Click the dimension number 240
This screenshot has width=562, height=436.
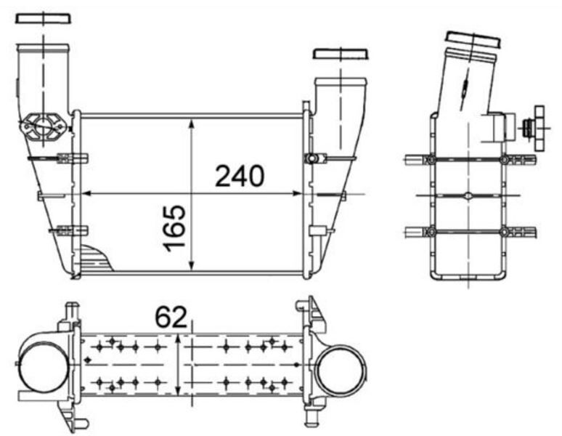pyautogui.click(x=240, y=176)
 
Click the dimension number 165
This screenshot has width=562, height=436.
pyautogui.click(x=174, y=228)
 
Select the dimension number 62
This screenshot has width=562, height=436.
pyautogui.click(x=171, y=317)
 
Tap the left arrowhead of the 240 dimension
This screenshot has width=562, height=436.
pyautogui.click(x=85, y=193)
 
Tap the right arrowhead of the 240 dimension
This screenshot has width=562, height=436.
pyautogui.click(x=297, y=193)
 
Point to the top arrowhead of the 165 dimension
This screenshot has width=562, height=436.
pyautogui.click(x=192, y=124)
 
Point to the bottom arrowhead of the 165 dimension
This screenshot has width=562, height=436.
pyautogui.click(x=192, y=265)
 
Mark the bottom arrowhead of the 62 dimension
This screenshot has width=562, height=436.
pyautogui.click(x=178, y=390)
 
